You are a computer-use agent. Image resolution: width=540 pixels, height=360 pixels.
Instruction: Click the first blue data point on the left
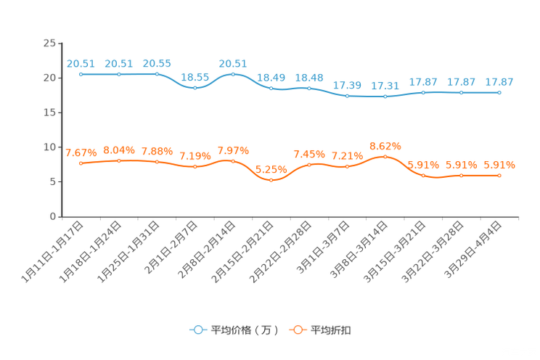pos(81,74)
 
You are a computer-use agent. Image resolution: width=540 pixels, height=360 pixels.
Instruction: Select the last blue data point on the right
pos(499,93)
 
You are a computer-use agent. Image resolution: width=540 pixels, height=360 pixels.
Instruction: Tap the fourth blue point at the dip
pos(195,87)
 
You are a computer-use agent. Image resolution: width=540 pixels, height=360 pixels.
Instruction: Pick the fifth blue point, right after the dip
pos(233,74)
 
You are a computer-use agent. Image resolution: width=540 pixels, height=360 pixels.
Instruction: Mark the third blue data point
pos(157,74)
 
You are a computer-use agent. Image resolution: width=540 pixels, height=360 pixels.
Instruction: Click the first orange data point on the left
pos(81,163)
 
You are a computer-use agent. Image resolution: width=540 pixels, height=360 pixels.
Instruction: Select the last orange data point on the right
pos(499,175)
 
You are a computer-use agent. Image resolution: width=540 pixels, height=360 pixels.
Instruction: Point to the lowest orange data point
pos(271,179)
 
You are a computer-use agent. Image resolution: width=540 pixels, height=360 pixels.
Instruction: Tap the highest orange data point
pos(385,156)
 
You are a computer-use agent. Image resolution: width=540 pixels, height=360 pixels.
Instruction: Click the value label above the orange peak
pos(385,145)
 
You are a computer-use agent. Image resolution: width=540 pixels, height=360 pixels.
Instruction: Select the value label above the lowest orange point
pos(271,168)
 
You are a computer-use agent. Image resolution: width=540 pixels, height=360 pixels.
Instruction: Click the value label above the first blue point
pos(80,63)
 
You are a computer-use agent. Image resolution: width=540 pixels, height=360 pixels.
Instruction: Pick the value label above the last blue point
pos(499,82)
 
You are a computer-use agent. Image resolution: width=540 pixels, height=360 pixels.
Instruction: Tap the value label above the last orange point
pos(499,165)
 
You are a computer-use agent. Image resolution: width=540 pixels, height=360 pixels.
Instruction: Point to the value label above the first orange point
pos(80,152)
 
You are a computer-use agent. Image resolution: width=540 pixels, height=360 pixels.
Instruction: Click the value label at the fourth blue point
pos(195,76)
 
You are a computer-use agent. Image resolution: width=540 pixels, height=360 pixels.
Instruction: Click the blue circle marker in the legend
pos(197,330)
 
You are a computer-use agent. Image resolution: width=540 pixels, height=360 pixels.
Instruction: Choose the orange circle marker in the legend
pos(297,330)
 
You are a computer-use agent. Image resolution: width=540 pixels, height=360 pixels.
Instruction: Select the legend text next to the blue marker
pos(244,330)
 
